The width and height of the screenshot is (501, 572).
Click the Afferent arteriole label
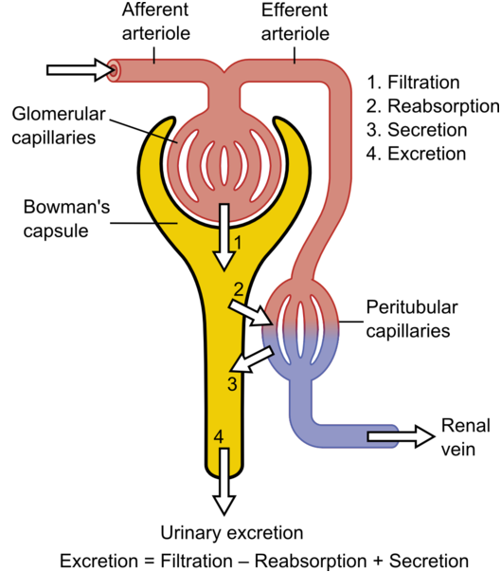tap(156, 22)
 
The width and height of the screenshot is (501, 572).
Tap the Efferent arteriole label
tap(295, 22)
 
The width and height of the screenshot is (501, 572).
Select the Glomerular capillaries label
tap(59, 126)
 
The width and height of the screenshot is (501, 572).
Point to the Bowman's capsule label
tap(66, 218)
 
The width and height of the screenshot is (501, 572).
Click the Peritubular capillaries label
tap(412, 319)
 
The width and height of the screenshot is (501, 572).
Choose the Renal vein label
tap(466, 437)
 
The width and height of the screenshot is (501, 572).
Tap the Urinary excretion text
tap(232, 533)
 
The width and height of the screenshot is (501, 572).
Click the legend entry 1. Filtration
tap(413, 83)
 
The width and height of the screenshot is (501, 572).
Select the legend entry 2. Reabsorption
tap(433, 106)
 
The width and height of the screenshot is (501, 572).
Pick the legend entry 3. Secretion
tap(417, 130)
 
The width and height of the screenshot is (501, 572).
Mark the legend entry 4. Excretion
tap(416, 154)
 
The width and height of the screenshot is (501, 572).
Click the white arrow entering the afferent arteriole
tap(81, 69)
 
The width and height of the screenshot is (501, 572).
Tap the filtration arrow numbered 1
tap(224, 237)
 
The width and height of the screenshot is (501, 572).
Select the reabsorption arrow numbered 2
tap(250, 312)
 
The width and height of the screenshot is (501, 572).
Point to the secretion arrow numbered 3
tap(253, 360)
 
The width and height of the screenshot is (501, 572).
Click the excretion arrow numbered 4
tap(224, 482)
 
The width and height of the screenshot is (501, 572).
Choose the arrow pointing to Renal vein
tap(402, 436)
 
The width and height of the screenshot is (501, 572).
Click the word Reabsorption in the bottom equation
tap(311, 561)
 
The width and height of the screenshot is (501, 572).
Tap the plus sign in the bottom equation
tap(378, 561)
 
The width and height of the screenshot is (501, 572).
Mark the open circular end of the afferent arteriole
tap(114, 69)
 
